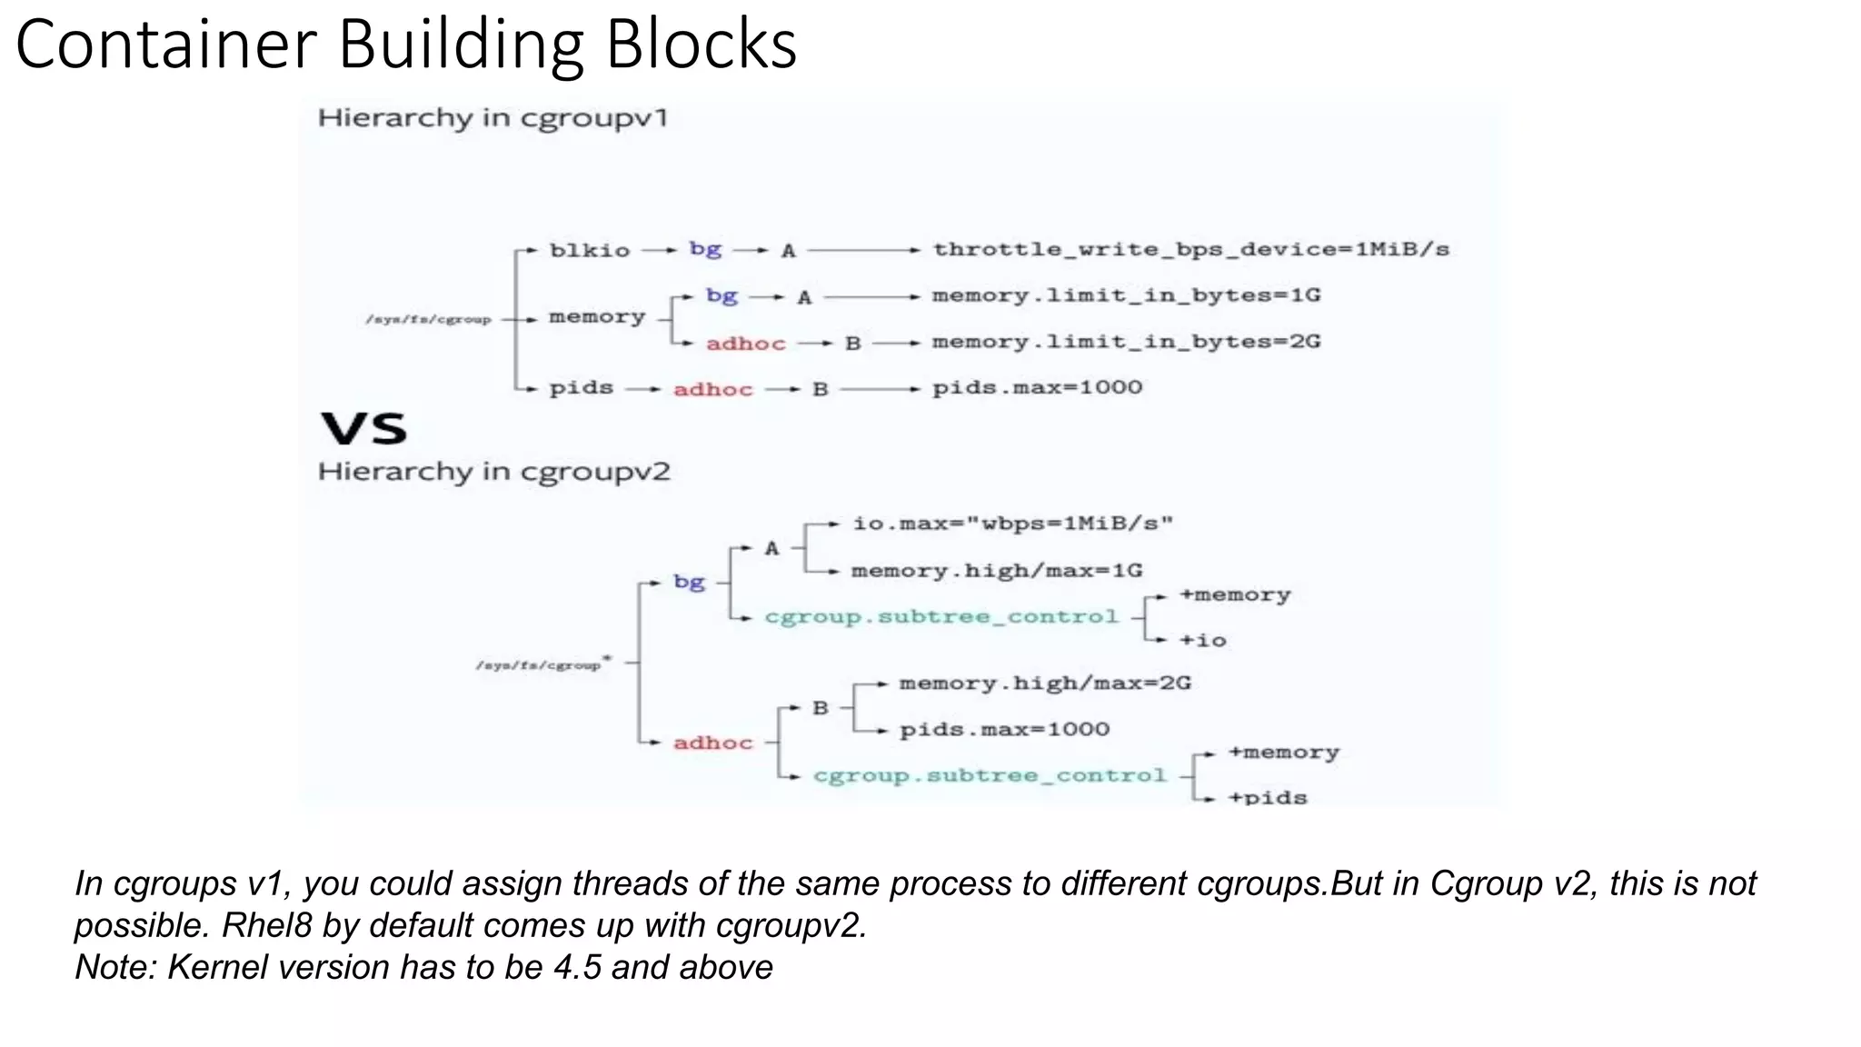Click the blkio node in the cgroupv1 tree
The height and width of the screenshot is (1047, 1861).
pos(589,251)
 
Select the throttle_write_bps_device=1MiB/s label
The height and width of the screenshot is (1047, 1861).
pos(1190,249)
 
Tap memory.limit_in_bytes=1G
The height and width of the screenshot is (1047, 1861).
pos(1126,295)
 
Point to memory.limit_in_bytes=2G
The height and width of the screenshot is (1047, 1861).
pos(1126,342)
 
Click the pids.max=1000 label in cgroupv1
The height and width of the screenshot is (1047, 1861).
pos(1037,388)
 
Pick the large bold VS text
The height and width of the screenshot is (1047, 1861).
pos(364,428)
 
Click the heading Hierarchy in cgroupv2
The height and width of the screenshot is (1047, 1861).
pos(493,472)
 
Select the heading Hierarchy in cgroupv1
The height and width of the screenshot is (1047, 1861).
pos(493,118)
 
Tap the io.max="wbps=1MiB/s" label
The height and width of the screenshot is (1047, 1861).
pos(1012,523)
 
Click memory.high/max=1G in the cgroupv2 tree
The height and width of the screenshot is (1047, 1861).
pos(996,571)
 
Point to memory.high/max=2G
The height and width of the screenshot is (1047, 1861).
pos(1044,683)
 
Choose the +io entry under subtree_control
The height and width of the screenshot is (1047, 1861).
pos(1202,641)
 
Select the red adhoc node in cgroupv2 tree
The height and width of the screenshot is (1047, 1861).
pos(712,743)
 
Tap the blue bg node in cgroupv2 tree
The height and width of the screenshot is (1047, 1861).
pos(689,582)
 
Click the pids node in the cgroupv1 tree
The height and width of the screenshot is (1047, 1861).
pos(581,388)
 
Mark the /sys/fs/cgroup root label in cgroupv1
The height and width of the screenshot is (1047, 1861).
pos(428,320)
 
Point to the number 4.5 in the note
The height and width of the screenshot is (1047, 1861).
pos(577,967)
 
